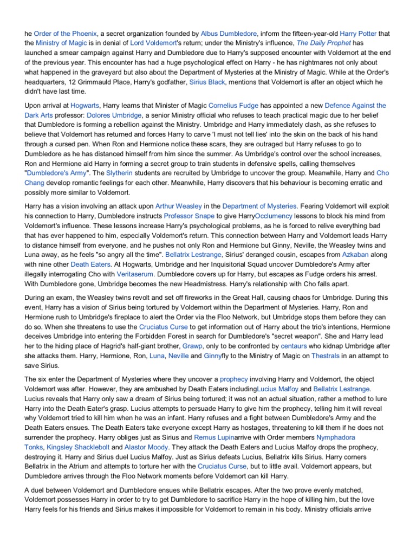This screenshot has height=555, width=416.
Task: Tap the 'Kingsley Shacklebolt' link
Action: pyautogui.click(x=78, y=447)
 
